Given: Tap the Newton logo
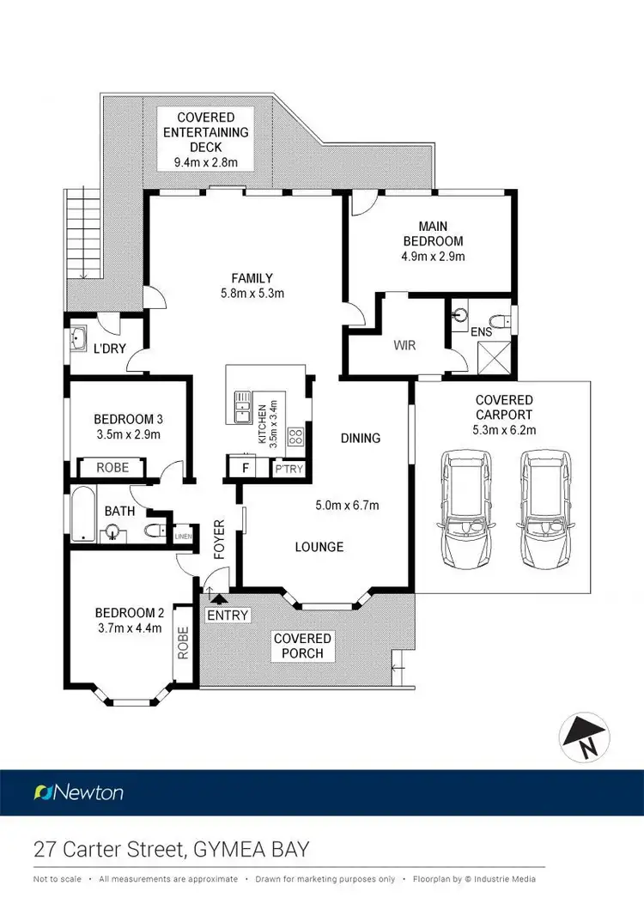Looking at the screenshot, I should (78, 792).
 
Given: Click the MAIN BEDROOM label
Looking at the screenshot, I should (433, 234).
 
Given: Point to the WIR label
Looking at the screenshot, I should (404, 345).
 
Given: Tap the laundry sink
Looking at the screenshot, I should (79, 337).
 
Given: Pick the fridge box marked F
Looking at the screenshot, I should (246, 469).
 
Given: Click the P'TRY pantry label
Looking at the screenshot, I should (285, 470).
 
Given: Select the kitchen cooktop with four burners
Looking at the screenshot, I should (296, 436).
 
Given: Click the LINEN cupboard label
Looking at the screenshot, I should (183, 537).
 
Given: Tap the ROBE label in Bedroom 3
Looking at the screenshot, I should (112, 469).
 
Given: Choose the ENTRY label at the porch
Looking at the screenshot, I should (228, 615).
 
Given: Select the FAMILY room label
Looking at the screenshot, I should (252, 277).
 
